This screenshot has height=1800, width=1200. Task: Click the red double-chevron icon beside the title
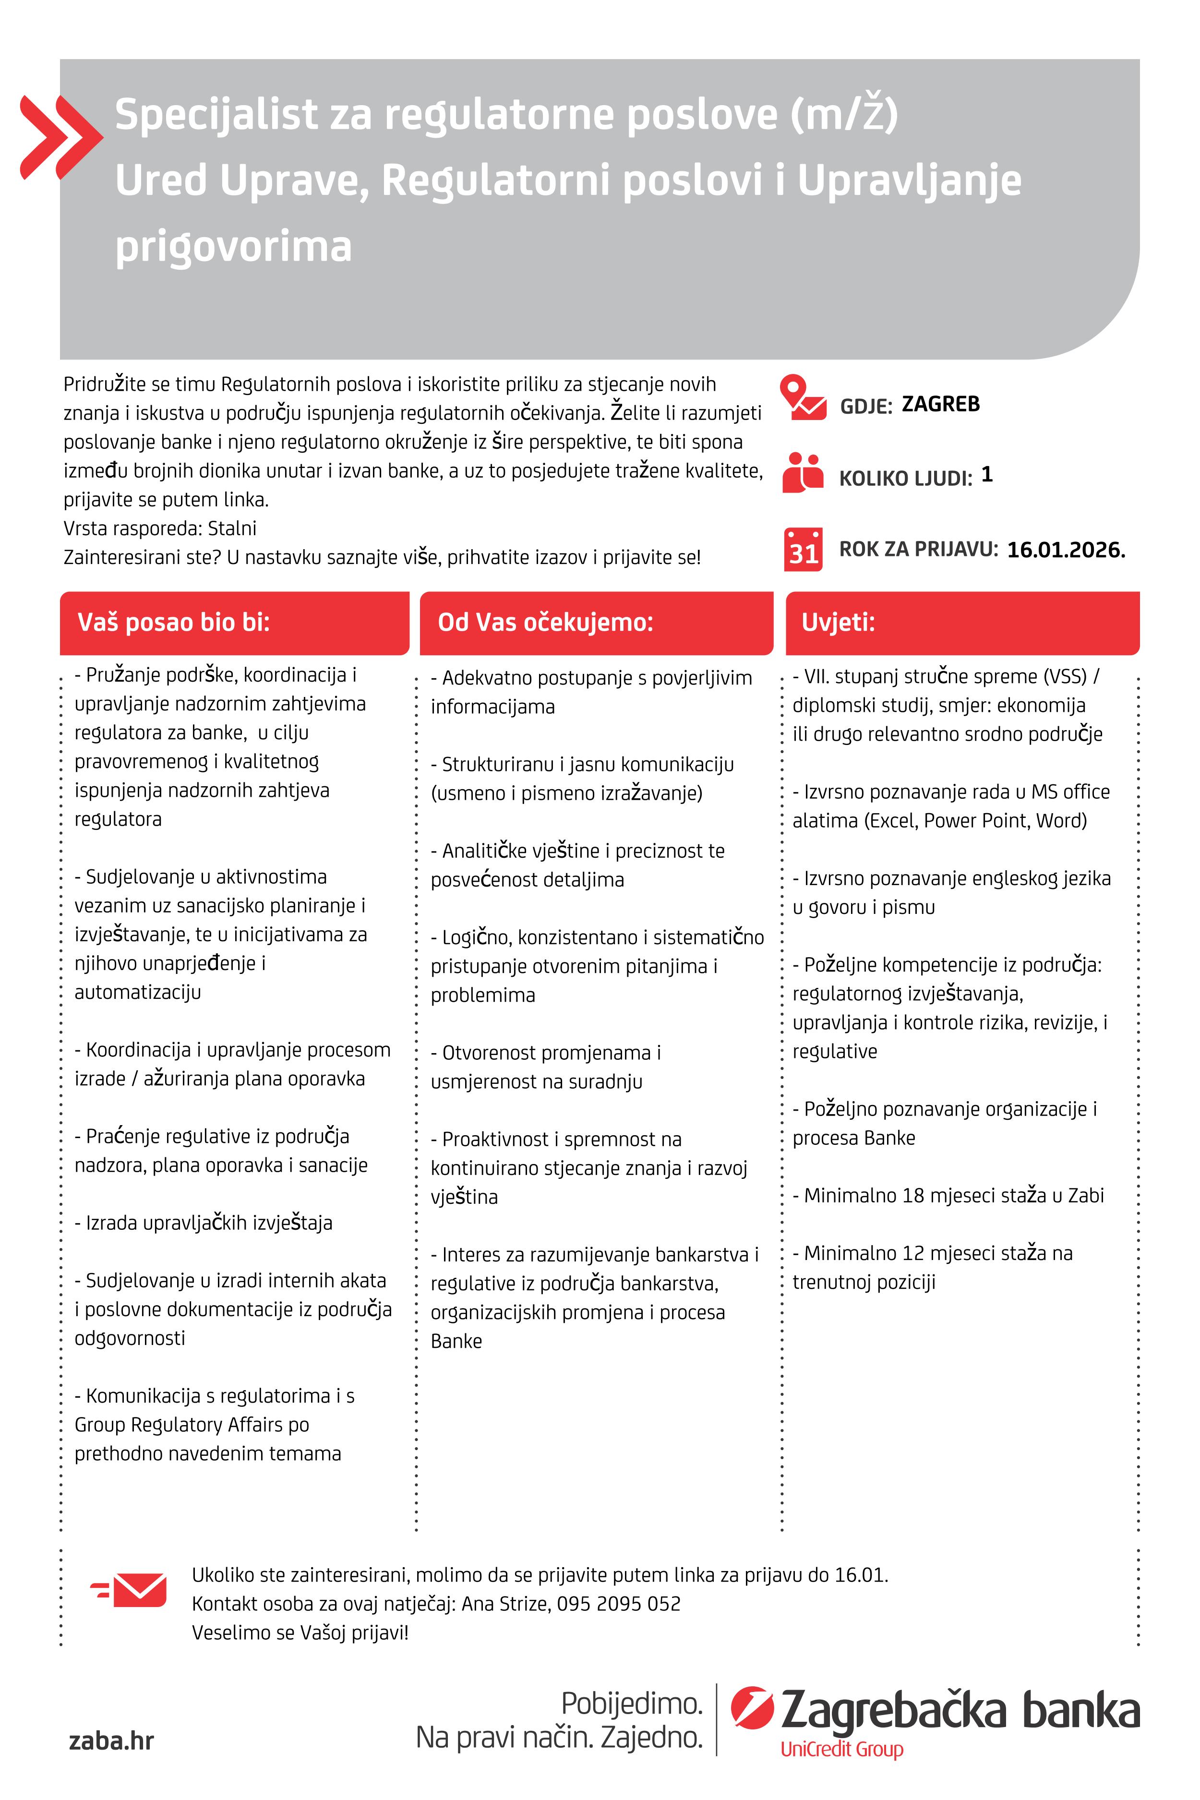click(60, 138)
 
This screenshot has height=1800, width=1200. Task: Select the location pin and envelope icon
click(802, 398)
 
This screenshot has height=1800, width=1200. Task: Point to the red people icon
click(802, 472)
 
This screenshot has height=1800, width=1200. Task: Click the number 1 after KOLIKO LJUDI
click(986, 475)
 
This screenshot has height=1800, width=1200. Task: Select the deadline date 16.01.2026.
click(1065, 550)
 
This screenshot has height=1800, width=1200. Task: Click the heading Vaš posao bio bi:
click(174, 622)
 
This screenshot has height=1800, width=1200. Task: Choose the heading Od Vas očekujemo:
click(545, 622)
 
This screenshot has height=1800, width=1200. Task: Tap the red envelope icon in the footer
click(130, 1590)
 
